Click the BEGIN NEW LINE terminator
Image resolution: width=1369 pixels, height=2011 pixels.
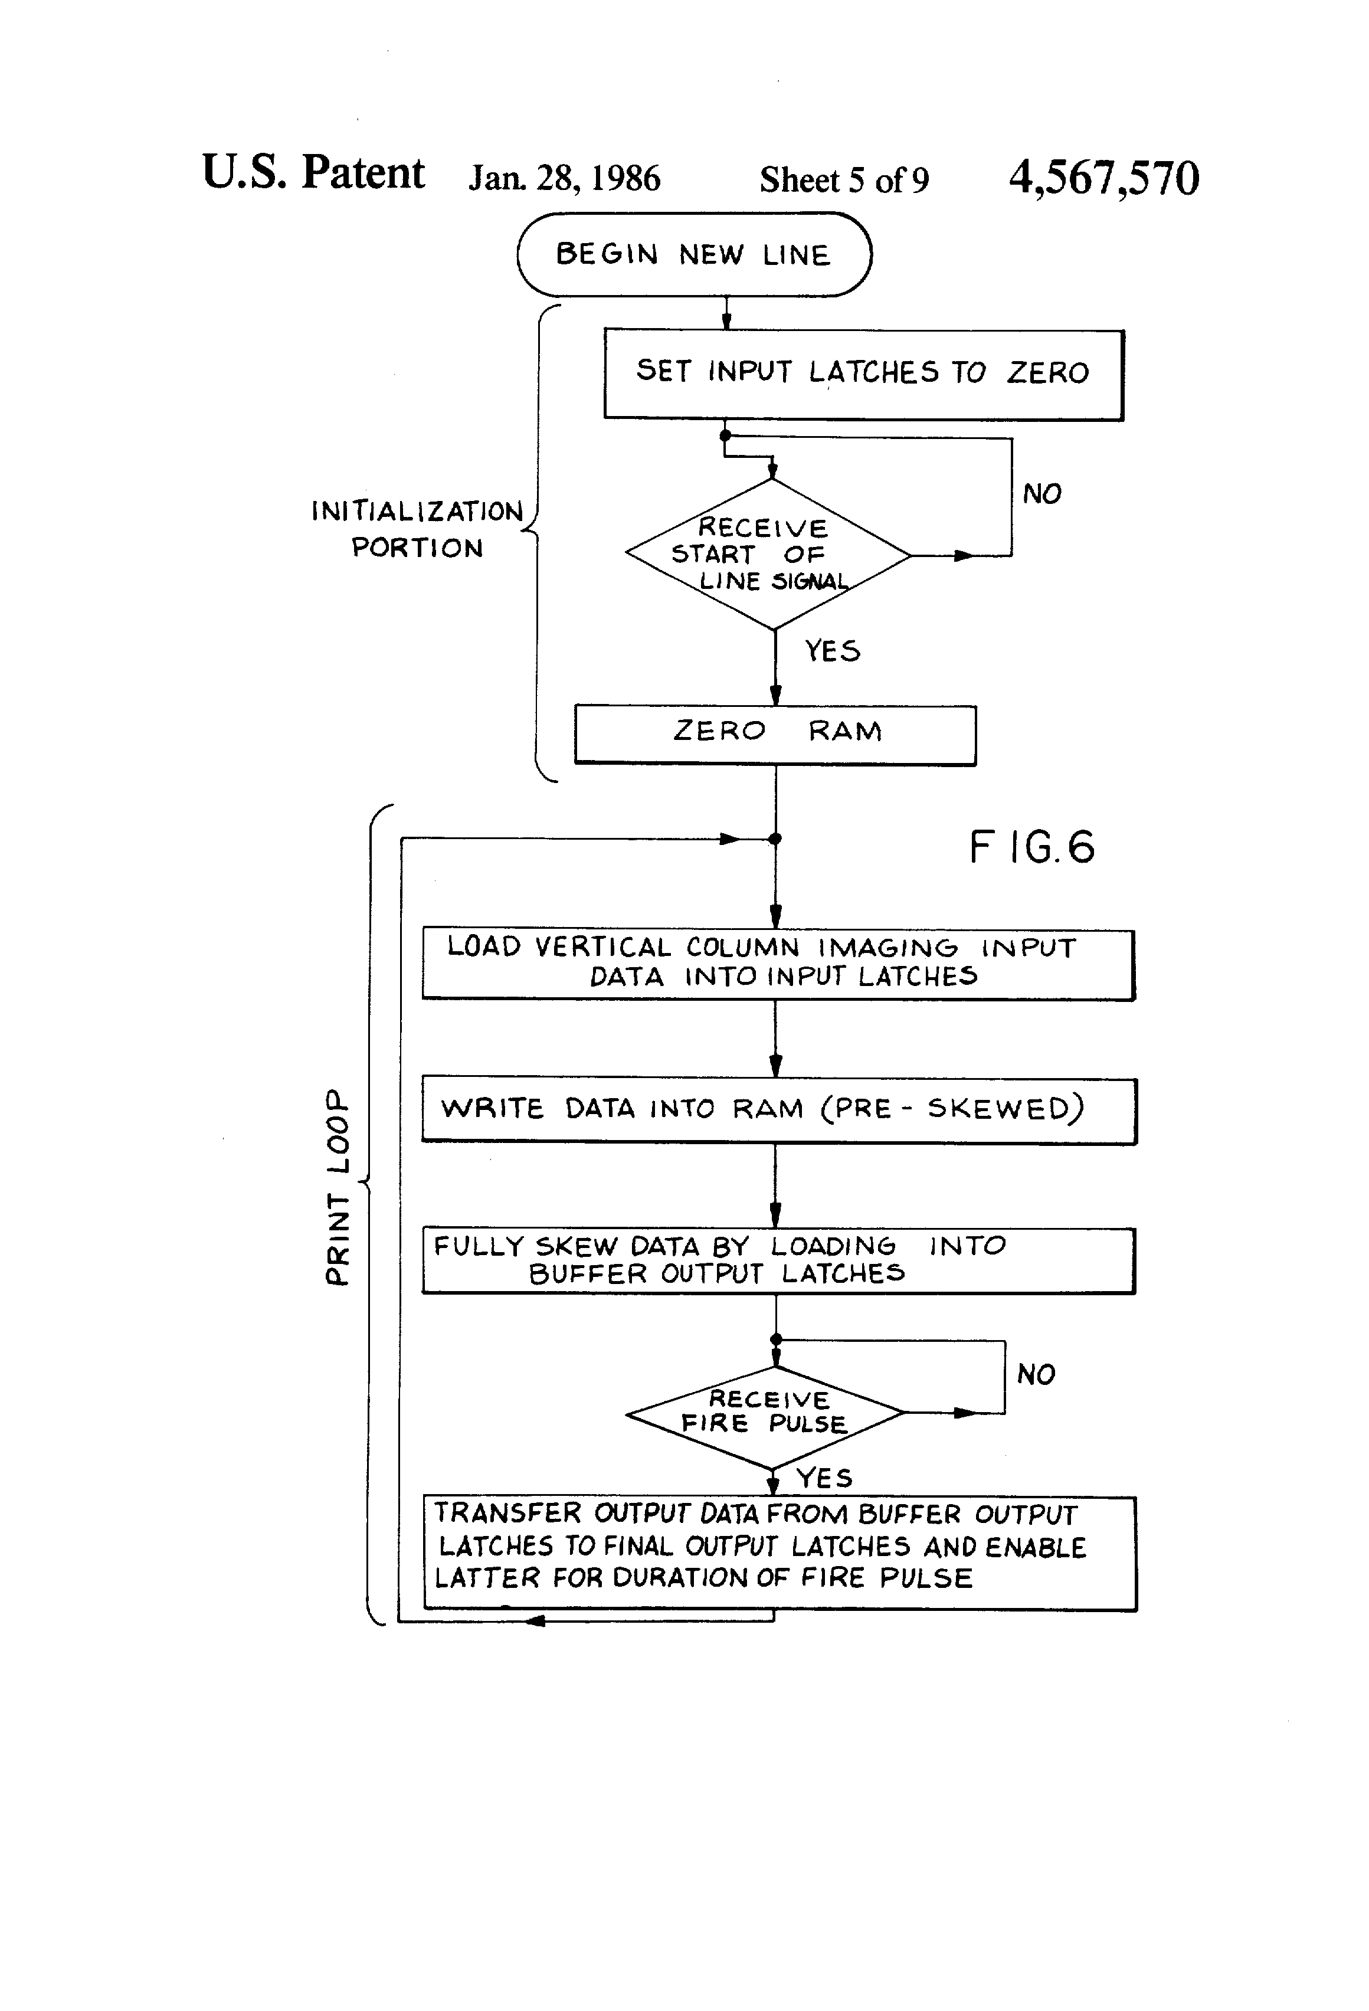coord(694,254)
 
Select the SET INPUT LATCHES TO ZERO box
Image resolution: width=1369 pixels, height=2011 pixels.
coord(863,374)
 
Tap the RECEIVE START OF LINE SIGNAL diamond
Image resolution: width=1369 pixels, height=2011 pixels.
coord(768,554)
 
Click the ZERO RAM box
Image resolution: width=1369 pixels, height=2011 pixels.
coord(775,734)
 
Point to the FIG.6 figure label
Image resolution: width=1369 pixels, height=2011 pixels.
coord(1031,846)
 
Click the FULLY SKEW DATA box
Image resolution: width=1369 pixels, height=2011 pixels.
coord(778,1260)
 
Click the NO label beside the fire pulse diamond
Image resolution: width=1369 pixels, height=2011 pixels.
coord(1036,1374)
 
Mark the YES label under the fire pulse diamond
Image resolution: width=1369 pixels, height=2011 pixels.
coord(824,1477)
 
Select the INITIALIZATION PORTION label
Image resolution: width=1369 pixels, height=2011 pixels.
coord(417,529)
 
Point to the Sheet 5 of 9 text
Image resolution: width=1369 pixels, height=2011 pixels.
coord(844,180)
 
